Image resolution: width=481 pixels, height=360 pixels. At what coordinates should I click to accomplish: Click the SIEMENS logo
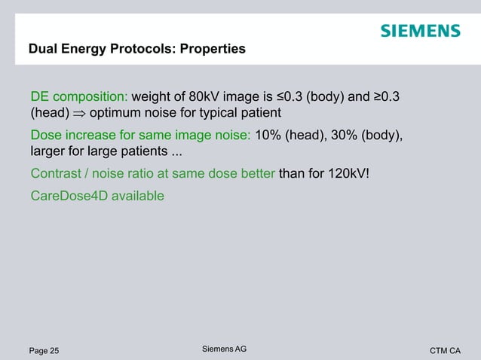point(419,31)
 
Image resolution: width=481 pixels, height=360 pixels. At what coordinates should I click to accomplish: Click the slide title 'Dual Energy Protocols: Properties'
point(136,50)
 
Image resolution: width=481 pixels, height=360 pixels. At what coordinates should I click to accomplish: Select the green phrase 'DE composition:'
point(79,97)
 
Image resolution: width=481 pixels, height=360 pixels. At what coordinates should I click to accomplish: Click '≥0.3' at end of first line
point(392,97)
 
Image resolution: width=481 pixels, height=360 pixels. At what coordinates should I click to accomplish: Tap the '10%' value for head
point(269,136)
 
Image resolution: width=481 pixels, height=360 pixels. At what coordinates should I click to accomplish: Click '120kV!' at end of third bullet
point(350,175)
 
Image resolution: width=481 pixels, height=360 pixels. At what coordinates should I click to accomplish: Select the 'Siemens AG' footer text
point(225,349)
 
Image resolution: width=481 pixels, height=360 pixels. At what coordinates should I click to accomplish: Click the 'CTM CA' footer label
point(445,350)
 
